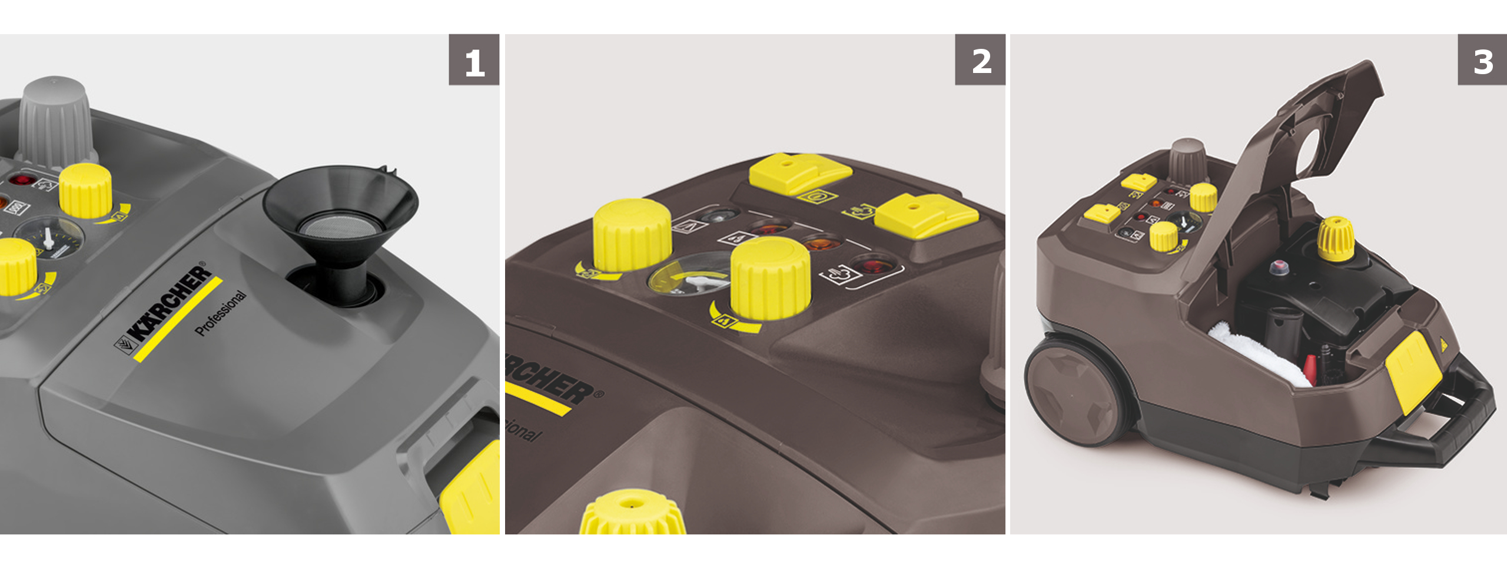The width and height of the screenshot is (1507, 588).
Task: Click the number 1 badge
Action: click(x=474, y=60)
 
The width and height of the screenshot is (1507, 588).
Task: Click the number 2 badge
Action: click(x=980, y=60)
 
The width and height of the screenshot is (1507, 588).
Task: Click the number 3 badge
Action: click(x=1482, y=60)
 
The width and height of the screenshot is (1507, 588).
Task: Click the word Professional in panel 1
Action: click(x=220, y=313)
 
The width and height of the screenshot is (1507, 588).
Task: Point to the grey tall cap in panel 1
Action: click(x=55, y=124)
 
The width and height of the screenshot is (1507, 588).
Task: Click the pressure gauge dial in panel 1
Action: click(x=49, y=238)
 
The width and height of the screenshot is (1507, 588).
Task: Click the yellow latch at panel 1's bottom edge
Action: click(x=471, y=494)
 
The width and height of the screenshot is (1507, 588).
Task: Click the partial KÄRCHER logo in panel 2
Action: click(x=550, y=380)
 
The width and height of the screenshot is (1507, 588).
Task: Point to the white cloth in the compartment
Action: click(x=1260, y=353)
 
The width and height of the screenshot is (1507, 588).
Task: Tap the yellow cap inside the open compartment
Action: click(x=1335, y=238)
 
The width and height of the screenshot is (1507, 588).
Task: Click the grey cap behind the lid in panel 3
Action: click(x=1188, y=159)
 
